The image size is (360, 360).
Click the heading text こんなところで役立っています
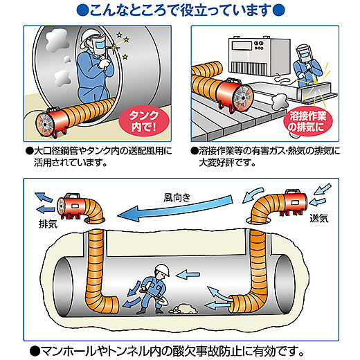179,11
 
